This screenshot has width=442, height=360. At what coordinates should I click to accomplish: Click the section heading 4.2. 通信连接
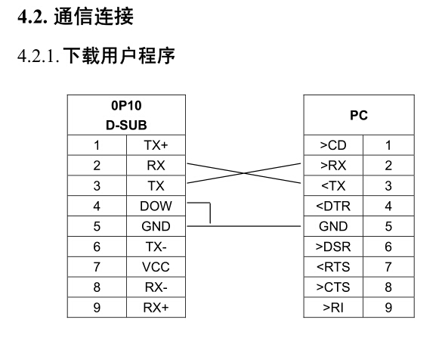click(x=76, y=17)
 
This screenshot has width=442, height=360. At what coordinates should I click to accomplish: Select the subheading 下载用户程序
click(x=119, y=55)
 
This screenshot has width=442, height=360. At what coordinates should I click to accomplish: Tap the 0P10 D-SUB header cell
click(x=126, y=115)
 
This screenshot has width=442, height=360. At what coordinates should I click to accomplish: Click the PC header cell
click(x=359, y=115)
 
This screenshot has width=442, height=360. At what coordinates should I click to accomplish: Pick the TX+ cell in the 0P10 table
click(x=156, y=145)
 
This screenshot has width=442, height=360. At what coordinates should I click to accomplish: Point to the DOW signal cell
click(x=156, y=206)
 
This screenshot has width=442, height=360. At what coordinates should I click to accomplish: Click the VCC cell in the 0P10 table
click(x=156, y=267)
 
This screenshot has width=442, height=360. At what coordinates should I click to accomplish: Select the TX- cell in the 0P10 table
click(x=156, y=247)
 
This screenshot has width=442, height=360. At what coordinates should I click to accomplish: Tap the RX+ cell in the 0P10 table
click(x=156, y=308)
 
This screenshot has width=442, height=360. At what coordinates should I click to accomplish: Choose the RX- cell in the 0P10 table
click(x=156, y=287)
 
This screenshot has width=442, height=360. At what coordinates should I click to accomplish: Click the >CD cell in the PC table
click(x=333, y=145)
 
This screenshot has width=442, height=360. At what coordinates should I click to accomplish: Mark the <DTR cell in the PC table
click(x=333, y=206)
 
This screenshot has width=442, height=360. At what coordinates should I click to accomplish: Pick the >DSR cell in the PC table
click(x=333, y=247)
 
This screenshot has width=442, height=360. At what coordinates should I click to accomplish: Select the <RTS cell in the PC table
click(x=333, y=267)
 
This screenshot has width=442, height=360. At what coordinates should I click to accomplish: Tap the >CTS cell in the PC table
click(x=333, y=287)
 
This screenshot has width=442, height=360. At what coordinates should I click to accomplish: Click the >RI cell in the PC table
click(x=333, y=308)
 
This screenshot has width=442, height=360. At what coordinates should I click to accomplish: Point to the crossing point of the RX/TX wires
click(x=244, y=173)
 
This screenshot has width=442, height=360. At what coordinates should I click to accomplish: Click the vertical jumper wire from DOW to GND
click(x=210, y=213)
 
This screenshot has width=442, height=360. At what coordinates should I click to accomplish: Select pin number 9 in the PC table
click(x=388, y=308)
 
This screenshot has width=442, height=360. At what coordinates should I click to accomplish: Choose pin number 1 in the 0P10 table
click(x=97, y=145)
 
